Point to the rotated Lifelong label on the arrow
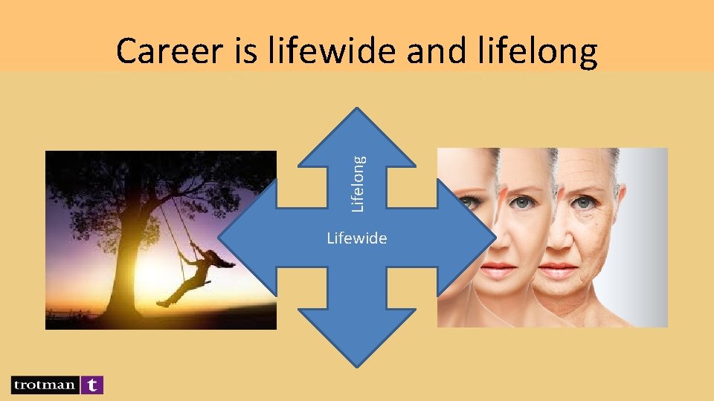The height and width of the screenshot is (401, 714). [358, 183]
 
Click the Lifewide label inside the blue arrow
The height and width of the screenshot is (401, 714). [357, 238]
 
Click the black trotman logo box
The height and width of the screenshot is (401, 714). [44, 385]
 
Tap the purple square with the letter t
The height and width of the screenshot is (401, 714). [92, 385]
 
